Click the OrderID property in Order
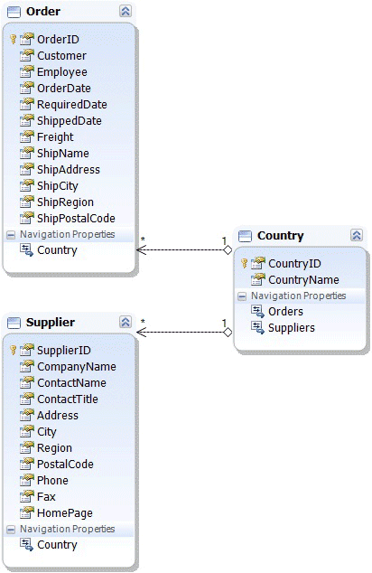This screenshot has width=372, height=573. click(58, 40)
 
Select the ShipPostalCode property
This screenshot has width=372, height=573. click(76, 219)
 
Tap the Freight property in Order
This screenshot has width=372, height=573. click(55, 137)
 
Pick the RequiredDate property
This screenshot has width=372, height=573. click(72, 105)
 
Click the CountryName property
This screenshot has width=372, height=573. click(303, 280)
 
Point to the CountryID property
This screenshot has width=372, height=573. click(294, 264)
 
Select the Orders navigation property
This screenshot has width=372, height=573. click(285, 311)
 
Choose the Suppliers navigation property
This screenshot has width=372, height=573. click(292, 328)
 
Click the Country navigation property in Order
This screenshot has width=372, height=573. click(57, 250)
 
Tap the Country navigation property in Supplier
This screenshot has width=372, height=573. click(57, 545)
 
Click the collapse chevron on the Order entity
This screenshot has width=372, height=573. click(126, 12)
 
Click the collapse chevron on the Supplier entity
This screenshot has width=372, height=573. click(126, 322)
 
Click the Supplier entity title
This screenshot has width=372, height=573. click(51, 323)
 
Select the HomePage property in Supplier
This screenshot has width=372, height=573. click(65, 513)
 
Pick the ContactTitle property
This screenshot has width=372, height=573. click(68, 399)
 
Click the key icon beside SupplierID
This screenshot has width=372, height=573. click(14, 350)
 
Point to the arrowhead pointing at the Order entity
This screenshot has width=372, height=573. click(141, 250)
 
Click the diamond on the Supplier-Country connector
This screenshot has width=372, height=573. click(228, 333)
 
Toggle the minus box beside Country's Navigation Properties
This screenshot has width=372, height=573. click(242, 296)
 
